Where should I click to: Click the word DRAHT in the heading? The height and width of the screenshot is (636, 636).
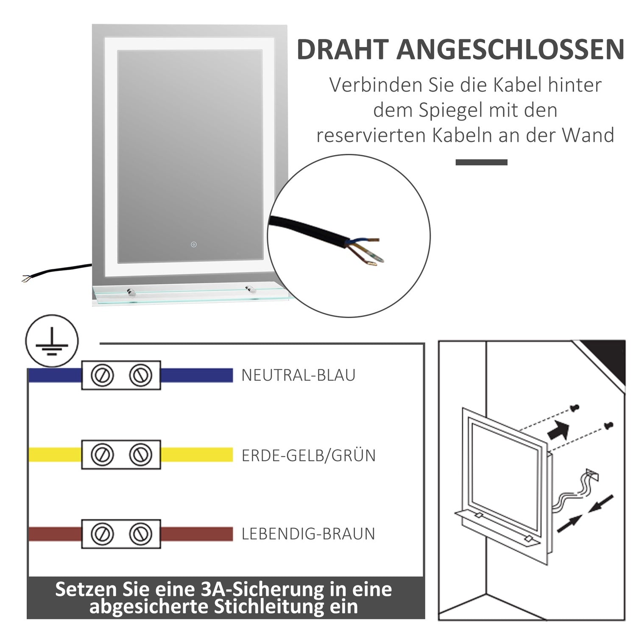pyautogui.click(x=343, y=49)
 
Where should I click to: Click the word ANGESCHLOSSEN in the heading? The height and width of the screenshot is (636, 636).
pyautogui.click(x=510, y=49)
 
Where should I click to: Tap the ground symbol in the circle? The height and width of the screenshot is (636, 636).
pyautogui.click(x=52, y=341)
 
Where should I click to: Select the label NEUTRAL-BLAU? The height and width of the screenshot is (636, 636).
pyautogui.click(x=298, y=375)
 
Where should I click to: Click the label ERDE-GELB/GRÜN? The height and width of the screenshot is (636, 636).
pyautogui.click(x=309, y=455)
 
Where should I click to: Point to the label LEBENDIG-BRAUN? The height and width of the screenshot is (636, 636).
pyautogui.click(x=308, y=534)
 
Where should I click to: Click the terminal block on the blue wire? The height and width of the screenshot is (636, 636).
pyautogui.click(x=121, y=375)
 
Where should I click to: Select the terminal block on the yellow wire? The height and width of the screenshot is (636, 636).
pyautogui.click(x=121, y=455)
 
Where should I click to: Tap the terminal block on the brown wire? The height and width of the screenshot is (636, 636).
pyautogui.click(x=121, y=534)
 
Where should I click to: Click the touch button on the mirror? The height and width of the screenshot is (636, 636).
pyautogui.click(x=194, y=244)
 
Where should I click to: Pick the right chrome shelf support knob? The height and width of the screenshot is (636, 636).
pyautogui.click(x=249, y=290)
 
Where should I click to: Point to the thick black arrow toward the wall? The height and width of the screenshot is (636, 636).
pyautogui.click(x=559, y=430)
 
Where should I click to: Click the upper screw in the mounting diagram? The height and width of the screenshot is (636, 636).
pyautogui.click(x=575, y=408)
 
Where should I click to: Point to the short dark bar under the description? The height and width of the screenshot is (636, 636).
pyautogui.click(x=482, y=162)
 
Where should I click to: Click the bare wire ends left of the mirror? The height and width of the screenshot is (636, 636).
pyautogui.click(x=26, y=278)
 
